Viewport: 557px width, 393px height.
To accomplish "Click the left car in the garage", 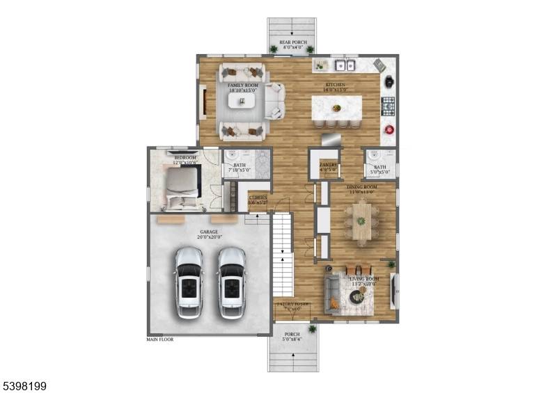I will click(188, 282).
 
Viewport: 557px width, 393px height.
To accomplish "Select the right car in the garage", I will click(232, 282).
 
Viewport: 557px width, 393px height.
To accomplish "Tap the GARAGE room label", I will click(209, 232).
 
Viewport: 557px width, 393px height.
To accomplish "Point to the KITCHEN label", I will click(336, 85).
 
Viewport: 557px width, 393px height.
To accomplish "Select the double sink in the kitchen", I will click(343, 65).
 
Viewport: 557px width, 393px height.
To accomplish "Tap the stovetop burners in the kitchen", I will click(388, 106).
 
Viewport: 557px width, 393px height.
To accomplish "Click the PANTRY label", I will click(328, 165).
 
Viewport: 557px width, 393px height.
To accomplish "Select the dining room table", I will click(362, 221).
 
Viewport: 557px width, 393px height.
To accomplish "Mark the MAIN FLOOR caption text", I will click(160, 340).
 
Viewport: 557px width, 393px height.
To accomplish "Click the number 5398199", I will click(24, 385).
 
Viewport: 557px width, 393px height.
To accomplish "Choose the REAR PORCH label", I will click(292, 42).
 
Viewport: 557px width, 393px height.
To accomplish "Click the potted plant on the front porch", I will click(312, 328).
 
